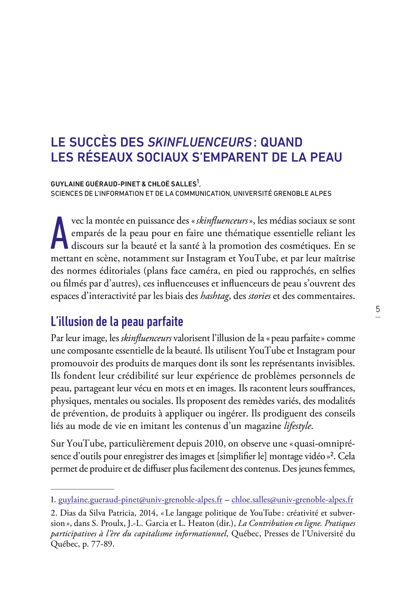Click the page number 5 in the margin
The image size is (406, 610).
point(378,309)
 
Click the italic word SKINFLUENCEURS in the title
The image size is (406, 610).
point(200,142)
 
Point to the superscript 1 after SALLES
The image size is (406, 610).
point(198,182)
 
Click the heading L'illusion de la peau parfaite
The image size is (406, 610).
point(117,321)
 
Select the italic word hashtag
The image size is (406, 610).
point(214,296)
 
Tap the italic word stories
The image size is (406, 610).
point(259,296)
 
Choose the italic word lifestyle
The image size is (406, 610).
point(298,426)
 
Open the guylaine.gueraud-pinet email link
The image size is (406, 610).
point(140,500)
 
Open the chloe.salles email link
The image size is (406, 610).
point(292,500)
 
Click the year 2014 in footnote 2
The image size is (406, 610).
point(147,513)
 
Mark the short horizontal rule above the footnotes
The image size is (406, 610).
point(82,489)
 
